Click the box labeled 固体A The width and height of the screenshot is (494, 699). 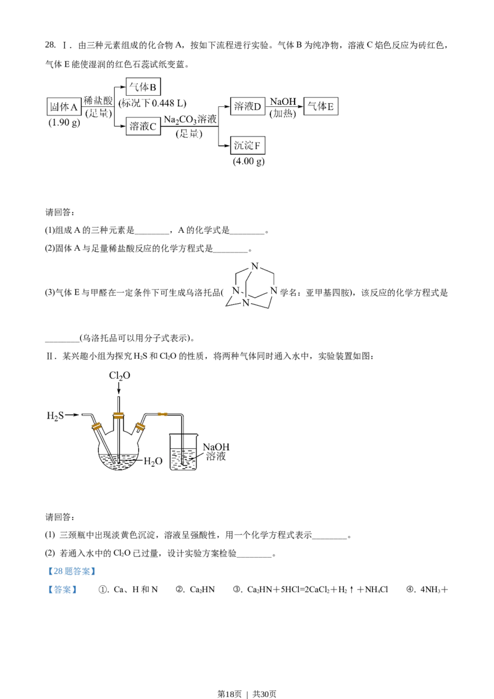64,106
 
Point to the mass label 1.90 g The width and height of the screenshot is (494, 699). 64,122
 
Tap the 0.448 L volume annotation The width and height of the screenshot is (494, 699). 154,103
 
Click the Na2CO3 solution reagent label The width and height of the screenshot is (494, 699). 190,119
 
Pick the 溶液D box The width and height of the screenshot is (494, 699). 248,106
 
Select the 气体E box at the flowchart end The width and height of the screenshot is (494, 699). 322,106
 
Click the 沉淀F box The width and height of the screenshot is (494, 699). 248,146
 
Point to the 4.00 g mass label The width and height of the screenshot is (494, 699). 249,161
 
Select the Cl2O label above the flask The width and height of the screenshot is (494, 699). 120,375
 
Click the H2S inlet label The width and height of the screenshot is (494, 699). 55,416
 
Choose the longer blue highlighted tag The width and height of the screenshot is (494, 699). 72,571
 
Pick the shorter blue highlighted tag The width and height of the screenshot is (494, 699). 62,590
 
